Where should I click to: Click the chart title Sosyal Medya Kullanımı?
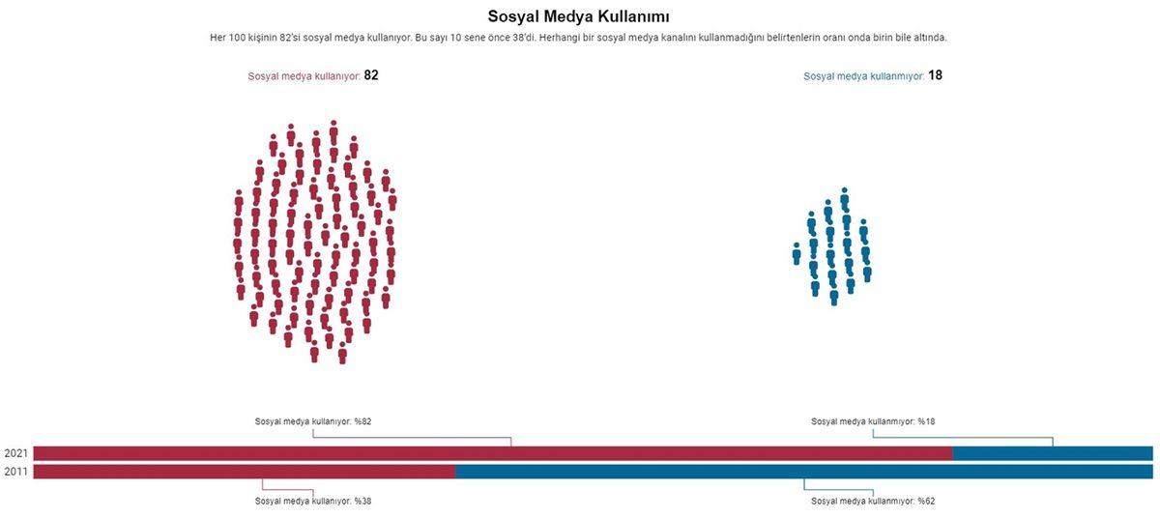click(x=579, y=16)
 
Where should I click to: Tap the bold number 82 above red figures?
click(x=370, y=75)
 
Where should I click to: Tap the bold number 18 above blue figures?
click(x=935, y=75)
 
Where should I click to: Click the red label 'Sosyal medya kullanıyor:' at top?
click(x=304, y=76)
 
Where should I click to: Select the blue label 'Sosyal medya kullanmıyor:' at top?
click(x=863, y=76)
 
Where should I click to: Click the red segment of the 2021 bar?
click(x=492, y=453)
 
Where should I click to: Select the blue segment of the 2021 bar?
click(x=1052, y=453)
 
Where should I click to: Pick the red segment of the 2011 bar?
click(x=244, y=472)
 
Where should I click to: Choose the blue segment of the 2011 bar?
click(x=803, y=472)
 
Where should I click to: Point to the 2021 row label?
click(x=15, y=453)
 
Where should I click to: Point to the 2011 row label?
click(x=15, y=472)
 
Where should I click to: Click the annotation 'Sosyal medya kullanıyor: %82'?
click(x=313, y=421)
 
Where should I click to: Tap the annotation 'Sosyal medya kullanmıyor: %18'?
click(x=873, y=421)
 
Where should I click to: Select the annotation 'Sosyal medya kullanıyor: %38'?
click(x=313, y=501)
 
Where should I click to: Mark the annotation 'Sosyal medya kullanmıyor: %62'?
click(x=873, y=501)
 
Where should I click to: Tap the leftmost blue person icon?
click(x=797, y=253)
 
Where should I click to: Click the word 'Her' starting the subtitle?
click(x=218, y=38)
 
